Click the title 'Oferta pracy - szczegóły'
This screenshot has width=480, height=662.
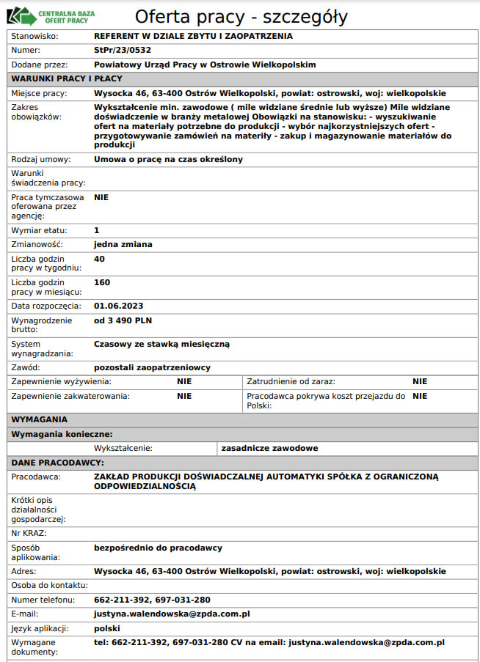[x=241, y=17]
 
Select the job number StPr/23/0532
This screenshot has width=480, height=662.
[x=124, y=50]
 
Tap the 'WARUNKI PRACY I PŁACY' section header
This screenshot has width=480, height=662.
[x=67, y=78]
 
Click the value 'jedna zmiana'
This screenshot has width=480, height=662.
[x=123, y=244]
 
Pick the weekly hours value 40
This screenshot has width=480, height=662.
[x=100, y=259]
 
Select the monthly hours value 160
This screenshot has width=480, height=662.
[x=102, y=282]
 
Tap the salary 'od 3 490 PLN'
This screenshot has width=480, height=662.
[x=123, y=320]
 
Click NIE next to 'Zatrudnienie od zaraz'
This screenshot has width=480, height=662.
[x=419, y=381]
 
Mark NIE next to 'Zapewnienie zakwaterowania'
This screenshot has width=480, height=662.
[x=184, y=396]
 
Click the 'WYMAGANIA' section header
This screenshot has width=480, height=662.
[x=40, y=419]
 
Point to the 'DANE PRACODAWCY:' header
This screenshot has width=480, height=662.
[x=58, y=463]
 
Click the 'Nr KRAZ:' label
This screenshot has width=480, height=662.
[x=29, y=533]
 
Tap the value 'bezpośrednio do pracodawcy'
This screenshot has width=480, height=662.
[x=158, y=548]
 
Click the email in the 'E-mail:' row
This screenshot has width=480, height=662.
[x=172, y=614]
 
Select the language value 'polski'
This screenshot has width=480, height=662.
[x=107, y=628]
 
